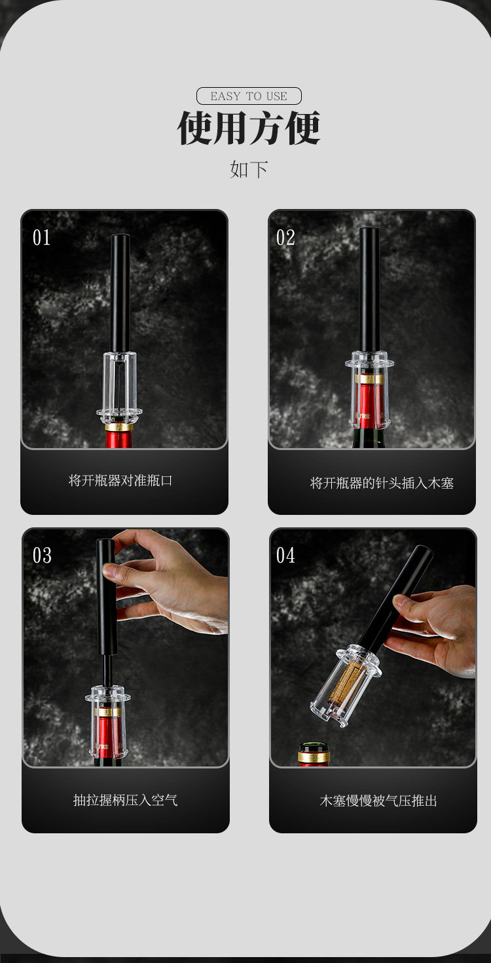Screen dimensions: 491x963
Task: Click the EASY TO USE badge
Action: [x=249, y=96]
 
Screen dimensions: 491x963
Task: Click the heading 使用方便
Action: [x=249, y=128]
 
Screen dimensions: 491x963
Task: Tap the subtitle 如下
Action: [x=249, y=169]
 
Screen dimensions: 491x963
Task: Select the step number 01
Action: [x=42, y=238]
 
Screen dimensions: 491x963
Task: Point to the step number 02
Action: [x=285, y=238]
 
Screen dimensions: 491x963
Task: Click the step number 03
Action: [x=42, y=556]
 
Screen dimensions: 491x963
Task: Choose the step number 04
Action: [x=285, y=556]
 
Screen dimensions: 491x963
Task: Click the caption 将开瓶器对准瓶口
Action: [x=120, y=481]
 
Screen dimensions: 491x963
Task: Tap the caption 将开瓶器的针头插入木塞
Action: [x=382, y=483]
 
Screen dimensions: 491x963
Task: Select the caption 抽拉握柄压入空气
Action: [x=126, y=800]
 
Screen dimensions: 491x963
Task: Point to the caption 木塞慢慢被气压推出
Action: [x=378, y=801]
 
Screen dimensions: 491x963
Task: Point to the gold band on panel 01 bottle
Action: [x=119, y=428]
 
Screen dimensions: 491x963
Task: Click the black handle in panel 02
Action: [x=369, y=289]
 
